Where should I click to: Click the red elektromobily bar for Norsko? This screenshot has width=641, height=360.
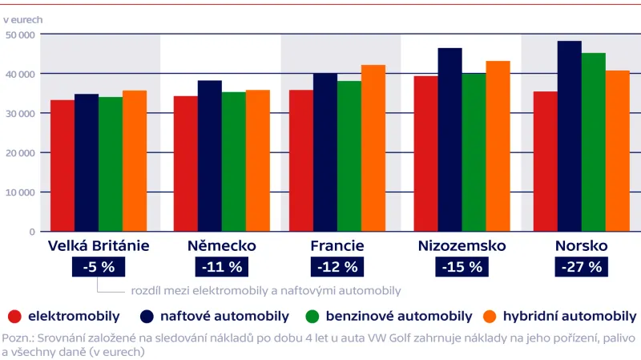pyautogui.click(x=545, y=161)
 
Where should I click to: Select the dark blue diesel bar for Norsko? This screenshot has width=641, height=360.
pyautogui.click(x=569, y=136)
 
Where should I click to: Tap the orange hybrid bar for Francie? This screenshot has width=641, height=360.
pyautogui.click(x=373, y=148)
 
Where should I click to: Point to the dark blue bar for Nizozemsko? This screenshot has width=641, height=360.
pyautogui.click(x=450, y=140)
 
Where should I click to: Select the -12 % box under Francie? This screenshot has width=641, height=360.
pyautogui.click(x=337, y=267)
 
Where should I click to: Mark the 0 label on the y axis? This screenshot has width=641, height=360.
pyautogui.click(x=33, y=233)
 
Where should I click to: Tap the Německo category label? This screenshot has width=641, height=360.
pyautogui.click(x=221, y=245)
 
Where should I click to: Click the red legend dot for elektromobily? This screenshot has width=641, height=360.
pyautogui.click(x=14, y=316)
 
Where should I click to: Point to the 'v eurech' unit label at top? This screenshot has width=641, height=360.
pyautogui.click(x=23, y=17)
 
